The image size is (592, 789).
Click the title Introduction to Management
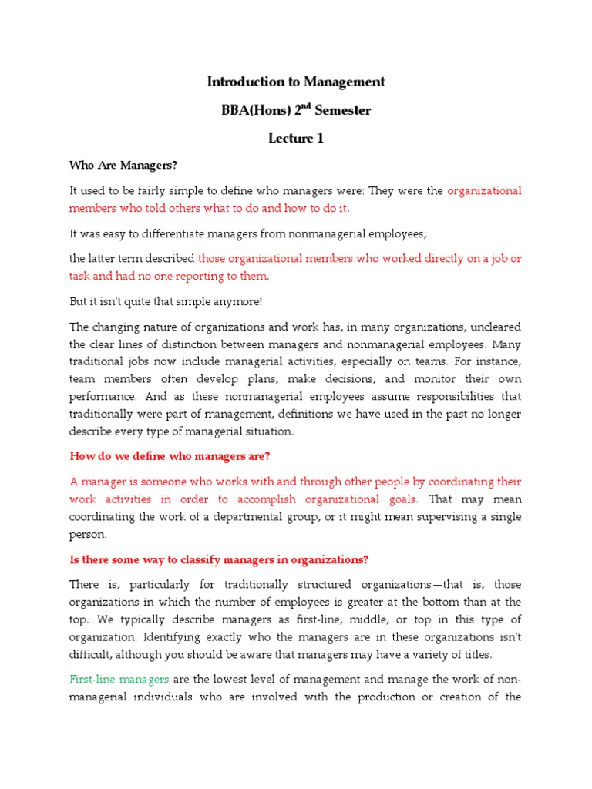click(296, 82)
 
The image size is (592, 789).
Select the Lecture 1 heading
click(296, 139)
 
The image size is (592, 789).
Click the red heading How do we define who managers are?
click(170, 456)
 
